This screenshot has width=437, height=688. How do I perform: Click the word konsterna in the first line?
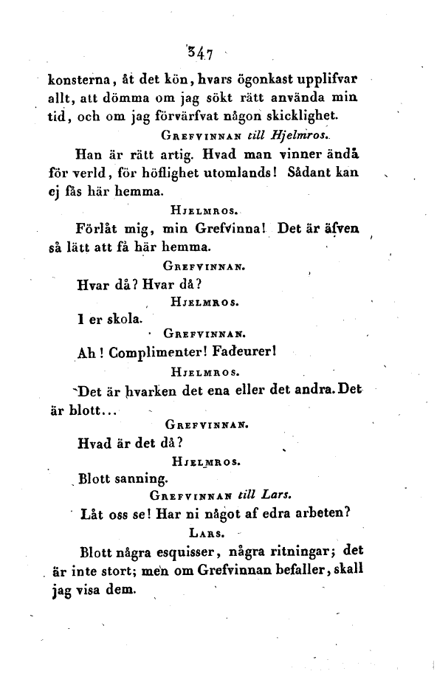pyautogui.click(x=72, y=80)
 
